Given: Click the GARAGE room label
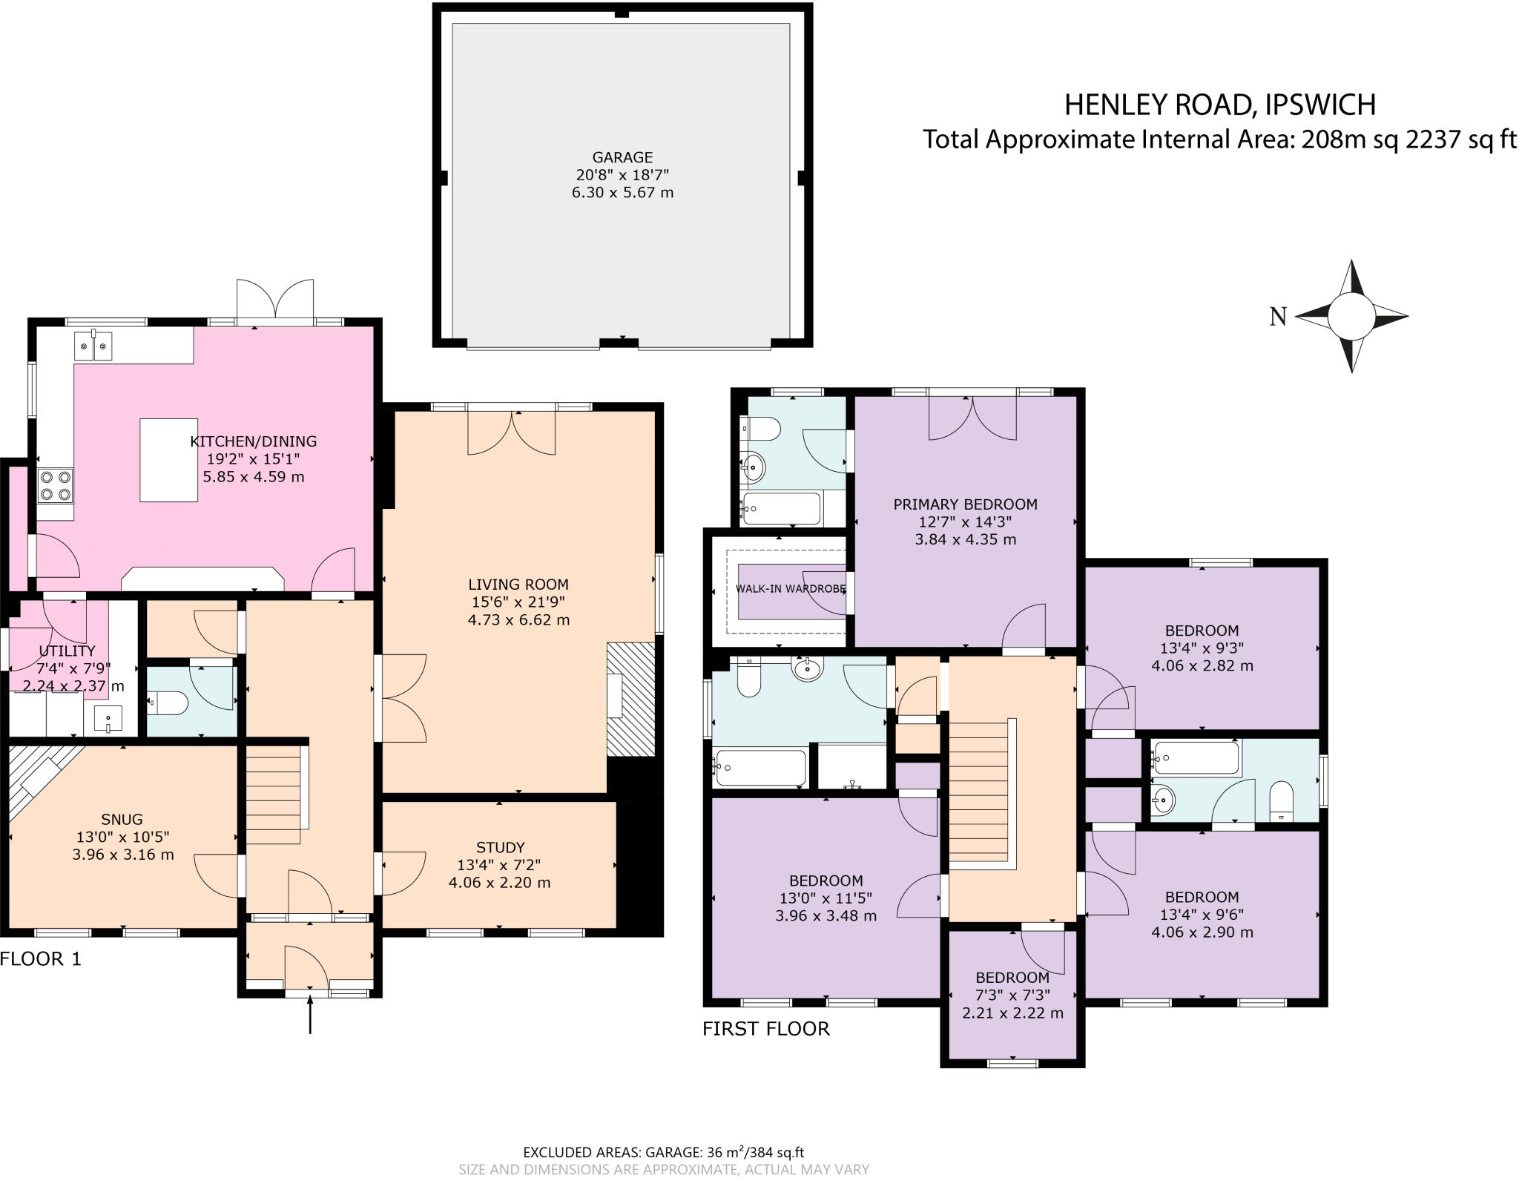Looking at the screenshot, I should tap(622, 157).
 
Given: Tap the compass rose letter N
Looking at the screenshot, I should tap(1277, 317).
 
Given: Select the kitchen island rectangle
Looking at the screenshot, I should tap(168, 460).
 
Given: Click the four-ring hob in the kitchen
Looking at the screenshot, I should tap(56, 485).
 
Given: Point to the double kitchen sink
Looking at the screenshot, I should tap(93, 346).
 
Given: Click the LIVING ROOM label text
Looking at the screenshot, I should tap(518, 585).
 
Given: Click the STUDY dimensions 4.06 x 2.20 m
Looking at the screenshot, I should tap(499, 883).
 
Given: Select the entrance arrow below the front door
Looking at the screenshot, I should tap(310, 1016).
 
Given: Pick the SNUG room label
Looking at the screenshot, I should tap(122, 819).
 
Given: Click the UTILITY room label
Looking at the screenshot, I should tap(67, 651).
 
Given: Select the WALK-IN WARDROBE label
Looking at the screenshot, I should tap(790, 589).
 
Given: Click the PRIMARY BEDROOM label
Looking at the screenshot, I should tap(965, 504).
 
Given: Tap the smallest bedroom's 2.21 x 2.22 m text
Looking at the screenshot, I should tap(1012, 1013).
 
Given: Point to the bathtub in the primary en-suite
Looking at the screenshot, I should tap(782, 509).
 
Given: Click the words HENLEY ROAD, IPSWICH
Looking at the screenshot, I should tap(1219, 105).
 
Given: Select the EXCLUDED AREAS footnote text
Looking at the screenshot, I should tap(663, 1152).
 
